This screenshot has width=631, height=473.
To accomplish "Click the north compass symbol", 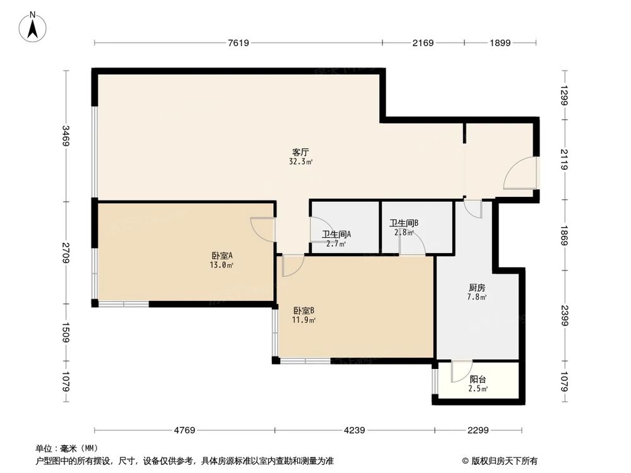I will [32, 26].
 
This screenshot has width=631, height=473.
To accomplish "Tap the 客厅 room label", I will [300, 152].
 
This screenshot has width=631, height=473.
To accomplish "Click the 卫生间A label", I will [336, 234].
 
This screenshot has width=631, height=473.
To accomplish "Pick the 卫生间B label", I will [404, 223].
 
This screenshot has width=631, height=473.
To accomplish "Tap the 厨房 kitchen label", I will [476, 286].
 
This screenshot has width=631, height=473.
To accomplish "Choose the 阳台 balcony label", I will [478, 379].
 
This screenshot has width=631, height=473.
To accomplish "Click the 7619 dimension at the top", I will [239, 43].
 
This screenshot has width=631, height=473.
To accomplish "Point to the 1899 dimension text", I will [499, 43].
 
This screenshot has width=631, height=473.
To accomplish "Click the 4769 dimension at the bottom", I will [184, 431].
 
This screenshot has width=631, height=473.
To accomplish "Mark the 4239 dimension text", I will [354, 431].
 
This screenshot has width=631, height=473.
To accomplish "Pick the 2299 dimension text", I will [478, 431].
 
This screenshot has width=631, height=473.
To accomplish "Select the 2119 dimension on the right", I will [565, 157].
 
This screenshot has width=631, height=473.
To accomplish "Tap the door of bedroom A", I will [262, 228].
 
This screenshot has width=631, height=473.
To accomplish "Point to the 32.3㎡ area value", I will [300, 161].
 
